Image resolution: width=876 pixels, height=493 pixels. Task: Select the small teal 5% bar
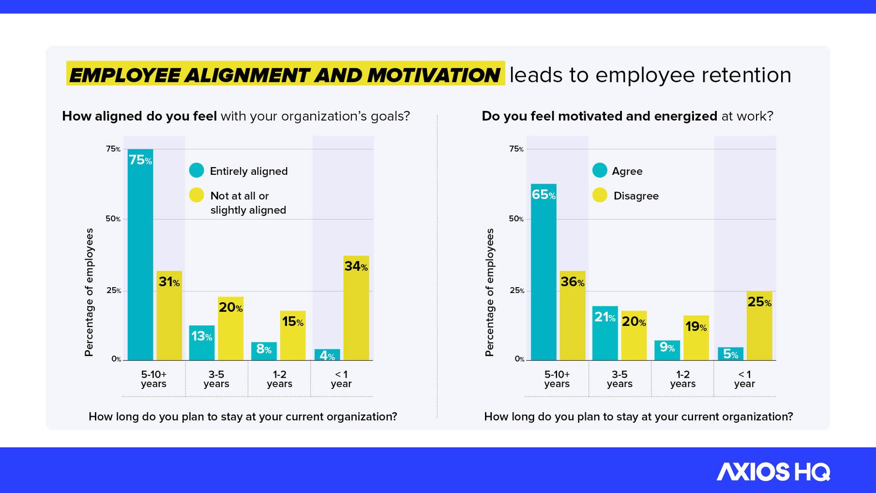[730, 354]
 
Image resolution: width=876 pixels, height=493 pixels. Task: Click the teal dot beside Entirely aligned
[196, 170]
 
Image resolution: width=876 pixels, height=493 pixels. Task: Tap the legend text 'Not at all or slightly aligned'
[248, 203]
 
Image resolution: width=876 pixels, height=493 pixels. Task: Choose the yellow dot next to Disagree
[600, 195]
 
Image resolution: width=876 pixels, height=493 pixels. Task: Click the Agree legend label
[627, 171]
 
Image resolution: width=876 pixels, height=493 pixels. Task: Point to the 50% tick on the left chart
[113, 219]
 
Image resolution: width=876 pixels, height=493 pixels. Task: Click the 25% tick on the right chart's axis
[516, 291]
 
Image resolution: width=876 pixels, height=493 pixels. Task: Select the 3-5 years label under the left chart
[216, 379]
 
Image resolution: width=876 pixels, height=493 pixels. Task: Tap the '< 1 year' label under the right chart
[744, 379]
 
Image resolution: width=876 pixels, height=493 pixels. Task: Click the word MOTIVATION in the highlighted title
[433, 75]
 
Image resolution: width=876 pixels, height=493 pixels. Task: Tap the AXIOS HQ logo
[773, 472]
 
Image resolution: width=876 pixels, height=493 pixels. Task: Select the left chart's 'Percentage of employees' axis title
[89, 292]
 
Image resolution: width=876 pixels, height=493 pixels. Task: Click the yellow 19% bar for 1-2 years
[696, 338]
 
